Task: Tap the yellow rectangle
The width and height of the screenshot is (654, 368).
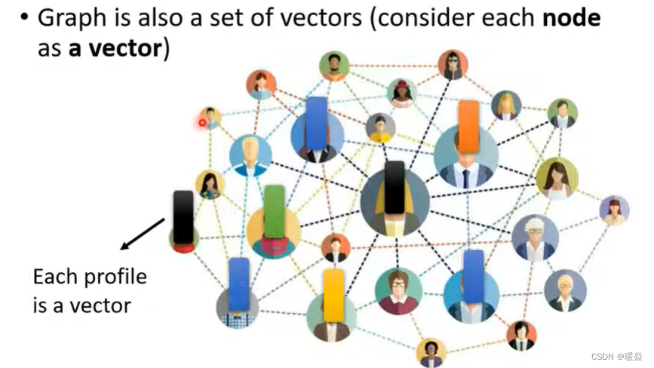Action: (333, 296)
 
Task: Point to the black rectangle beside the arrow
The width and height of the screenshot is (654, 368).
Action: (183, 217)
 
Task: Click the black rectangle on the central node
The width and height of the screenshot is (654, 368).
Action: (395, 187)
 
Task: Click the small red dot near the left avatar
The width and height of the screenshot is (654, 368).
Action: (203, 122)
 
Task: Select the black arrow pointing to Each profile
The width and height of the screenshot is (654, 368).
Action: (143, 233)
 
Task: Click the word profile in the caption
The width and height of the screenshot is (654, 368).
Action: (114, 277)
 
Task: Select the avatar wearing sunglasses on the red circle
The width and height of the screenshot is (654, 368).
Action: (453, 65)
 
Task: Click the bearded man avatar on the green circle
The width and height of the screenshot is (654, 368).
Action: (333, 66)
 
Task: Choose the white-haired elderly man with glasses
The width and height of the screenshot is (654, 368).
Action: (535, 237)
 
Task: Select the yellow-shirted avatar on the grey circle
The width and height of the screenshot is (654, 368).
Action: (379, 127)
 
